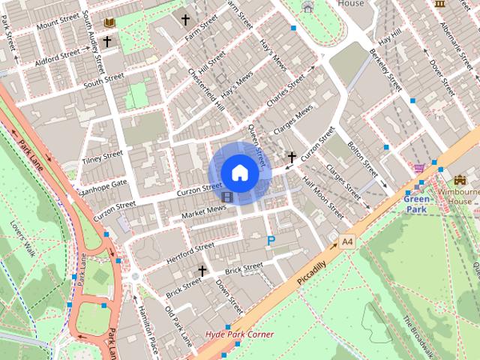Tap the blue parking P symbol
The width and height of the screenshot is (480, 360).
[x=271, y=241]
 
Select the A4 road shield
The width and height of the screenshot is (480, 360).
[x=346, y=241]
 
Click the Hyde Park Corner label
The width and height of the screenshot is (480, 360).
[x=240, y=334]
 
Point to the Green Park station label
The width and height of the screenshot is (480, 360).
[x=416, y=204]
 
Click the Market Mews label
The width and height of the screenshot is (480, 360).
[x=203, y=211]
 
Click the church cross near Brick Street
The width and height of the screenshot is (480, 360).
[x=202, y=270]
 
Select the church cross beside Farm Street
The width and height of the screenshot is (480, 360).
[x=185, y=19]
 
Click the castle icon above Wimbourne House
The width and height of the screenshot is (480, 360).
[x=460, y=181]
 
